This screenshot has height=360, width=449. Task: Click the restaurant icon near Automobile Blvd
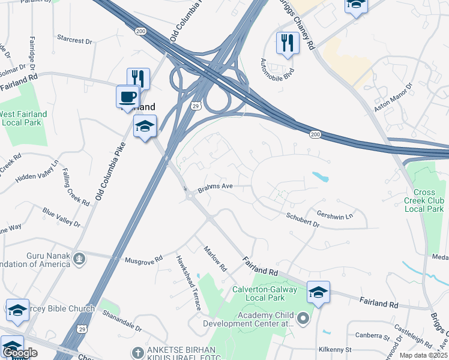[x=288, y=43]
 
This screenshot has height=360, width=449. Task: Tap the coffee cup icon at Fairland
[x=127, y=97]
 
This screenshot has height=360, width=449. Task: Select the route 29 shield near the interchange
[x=196, y=106]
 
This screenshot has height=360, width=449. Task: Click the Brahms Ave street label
[x=215, y=187]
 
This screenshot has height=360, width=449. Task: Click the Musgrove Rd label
[x=143, y=260]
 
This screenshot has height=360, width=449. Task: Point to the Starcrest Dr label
[x=75, y=41]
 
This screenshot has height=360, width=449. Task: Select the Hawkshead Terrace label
[x=188, y=283]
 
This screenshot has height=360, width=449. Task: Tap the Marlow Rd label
[x=215, y=258]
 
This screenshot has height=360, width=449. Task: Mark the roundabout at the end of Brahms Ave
[x=190, y=196]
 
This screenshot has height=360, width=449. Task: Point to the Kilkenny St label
[x=335, y=349]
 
